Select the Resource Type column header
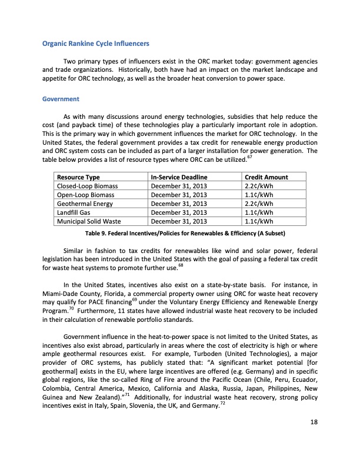click(x=78, y=177)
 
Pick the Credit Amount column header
click(x=266, y=177)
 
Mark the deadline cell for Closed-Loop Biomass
click(x=179, y=187)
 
